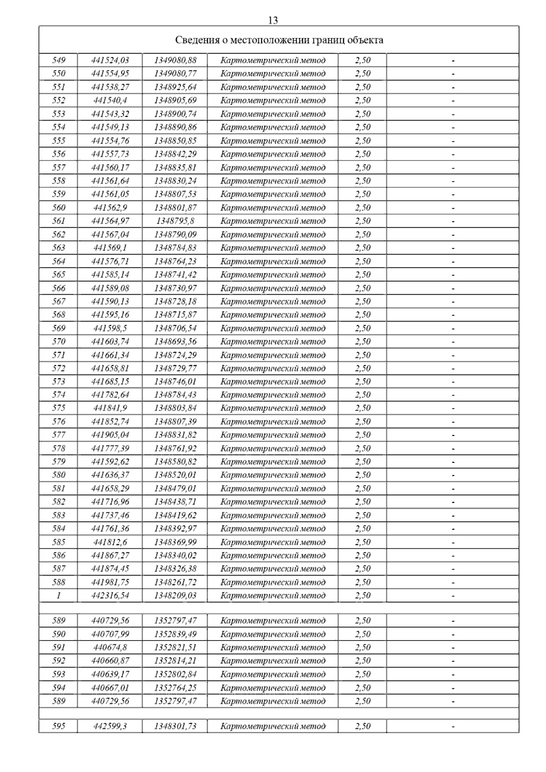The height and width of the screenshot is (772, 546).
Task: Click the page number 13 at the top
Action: tap(273, 20)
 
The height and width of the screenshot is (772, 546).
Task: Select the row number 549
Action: tap(59, 60)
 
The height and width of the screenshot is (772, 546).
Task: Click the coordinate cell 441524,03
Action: tap(110, 60)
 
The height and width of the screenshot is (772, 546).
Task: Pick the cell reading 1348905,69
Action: tap(175, 100)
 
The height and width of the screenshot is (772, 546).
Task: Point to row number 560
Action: tap(59, 207)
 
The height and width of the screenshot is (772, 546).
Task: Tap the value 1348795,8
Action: tap(175, 221)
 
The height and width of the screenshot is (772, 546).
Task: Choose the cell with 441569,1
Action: tap(110, 248)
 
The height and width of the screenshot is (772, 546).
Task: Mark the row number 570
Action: tap(59, 341)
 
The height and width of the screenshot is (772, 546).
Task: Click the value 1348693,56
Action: tap(175, 341)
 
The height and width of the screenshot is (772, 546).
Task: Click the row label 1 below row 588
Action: tap(59, 596)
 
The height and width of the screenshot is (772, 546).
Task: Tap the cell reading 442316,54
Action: tap(110, 596)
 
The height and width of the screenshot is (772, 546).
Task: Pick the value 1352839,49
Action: tap(175, 634)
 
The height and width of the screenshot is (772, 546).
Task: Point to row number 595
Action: tap(59, 726)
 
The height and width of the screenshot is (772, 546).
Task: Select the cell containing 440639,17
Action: tap(110, 674)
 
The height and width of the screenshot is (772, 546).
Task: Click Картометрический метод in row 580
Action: tap(273, 475)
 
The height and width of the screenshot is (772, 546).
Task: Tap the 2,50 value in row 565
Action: tap(363, 275)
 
